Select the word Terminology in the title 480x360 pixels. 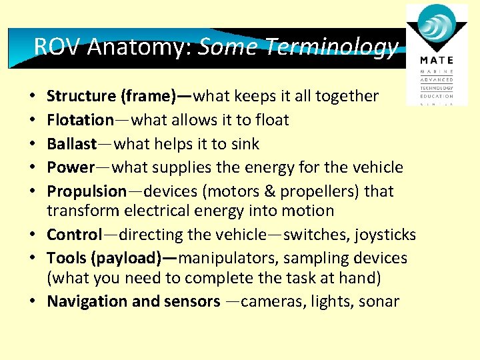pos(331,46)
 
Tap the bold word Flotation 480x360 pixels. pos(80,120)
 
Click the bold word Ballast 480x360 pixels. pos(71,144)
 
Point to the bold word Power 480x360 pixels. pos(71,167)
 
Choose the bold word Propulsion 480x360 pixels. pos(87,191)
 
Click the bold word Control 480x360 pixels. pos(74,235)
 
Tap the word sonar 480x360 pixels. pos(380,301)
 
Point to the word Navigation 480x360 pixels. pos(87,301)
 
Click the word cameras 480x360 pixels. pos(271,301)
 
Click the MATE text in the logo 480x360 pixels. pos(437,60)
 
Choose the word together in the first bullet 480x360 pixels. pos(346,97)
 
